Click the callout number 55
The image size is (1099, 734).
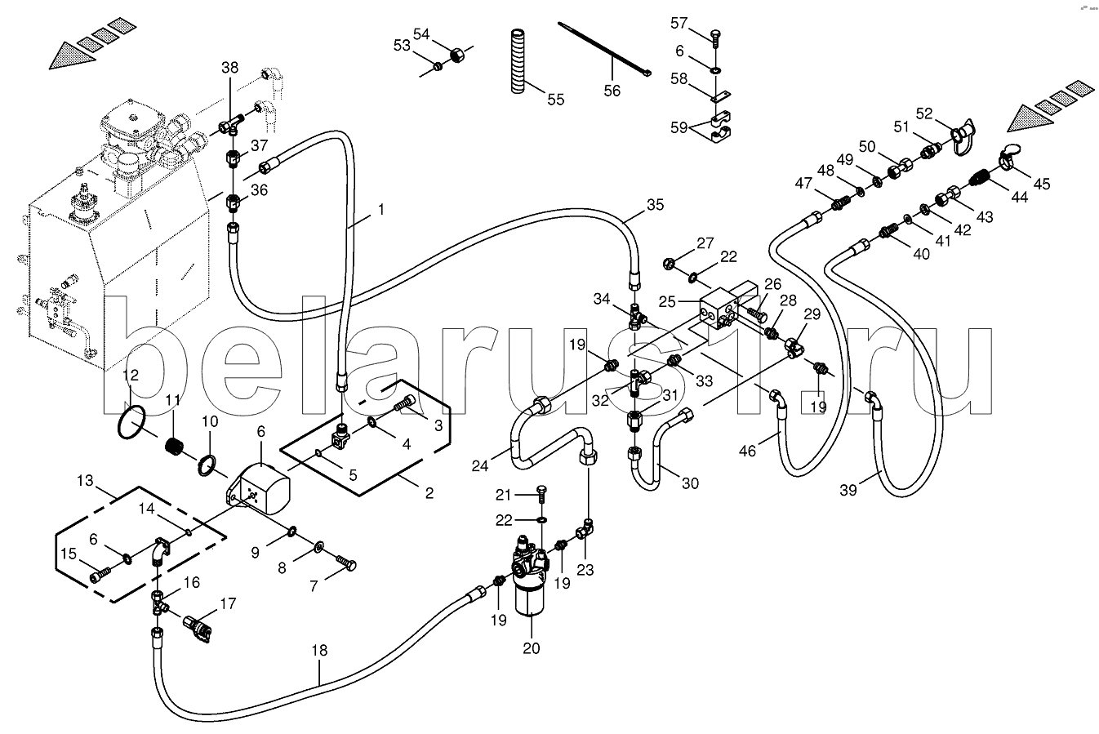point(555,100)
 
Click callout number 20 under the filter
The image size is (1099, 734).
point(531,648)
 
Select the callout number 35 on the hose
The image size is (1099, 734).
point(656,205)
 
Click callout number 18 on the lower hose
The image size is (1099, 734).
point(318,651)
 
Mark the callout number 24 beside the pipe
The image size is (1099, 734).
point(481,467)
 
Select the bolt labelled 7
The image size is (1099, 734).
point(346,562)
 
